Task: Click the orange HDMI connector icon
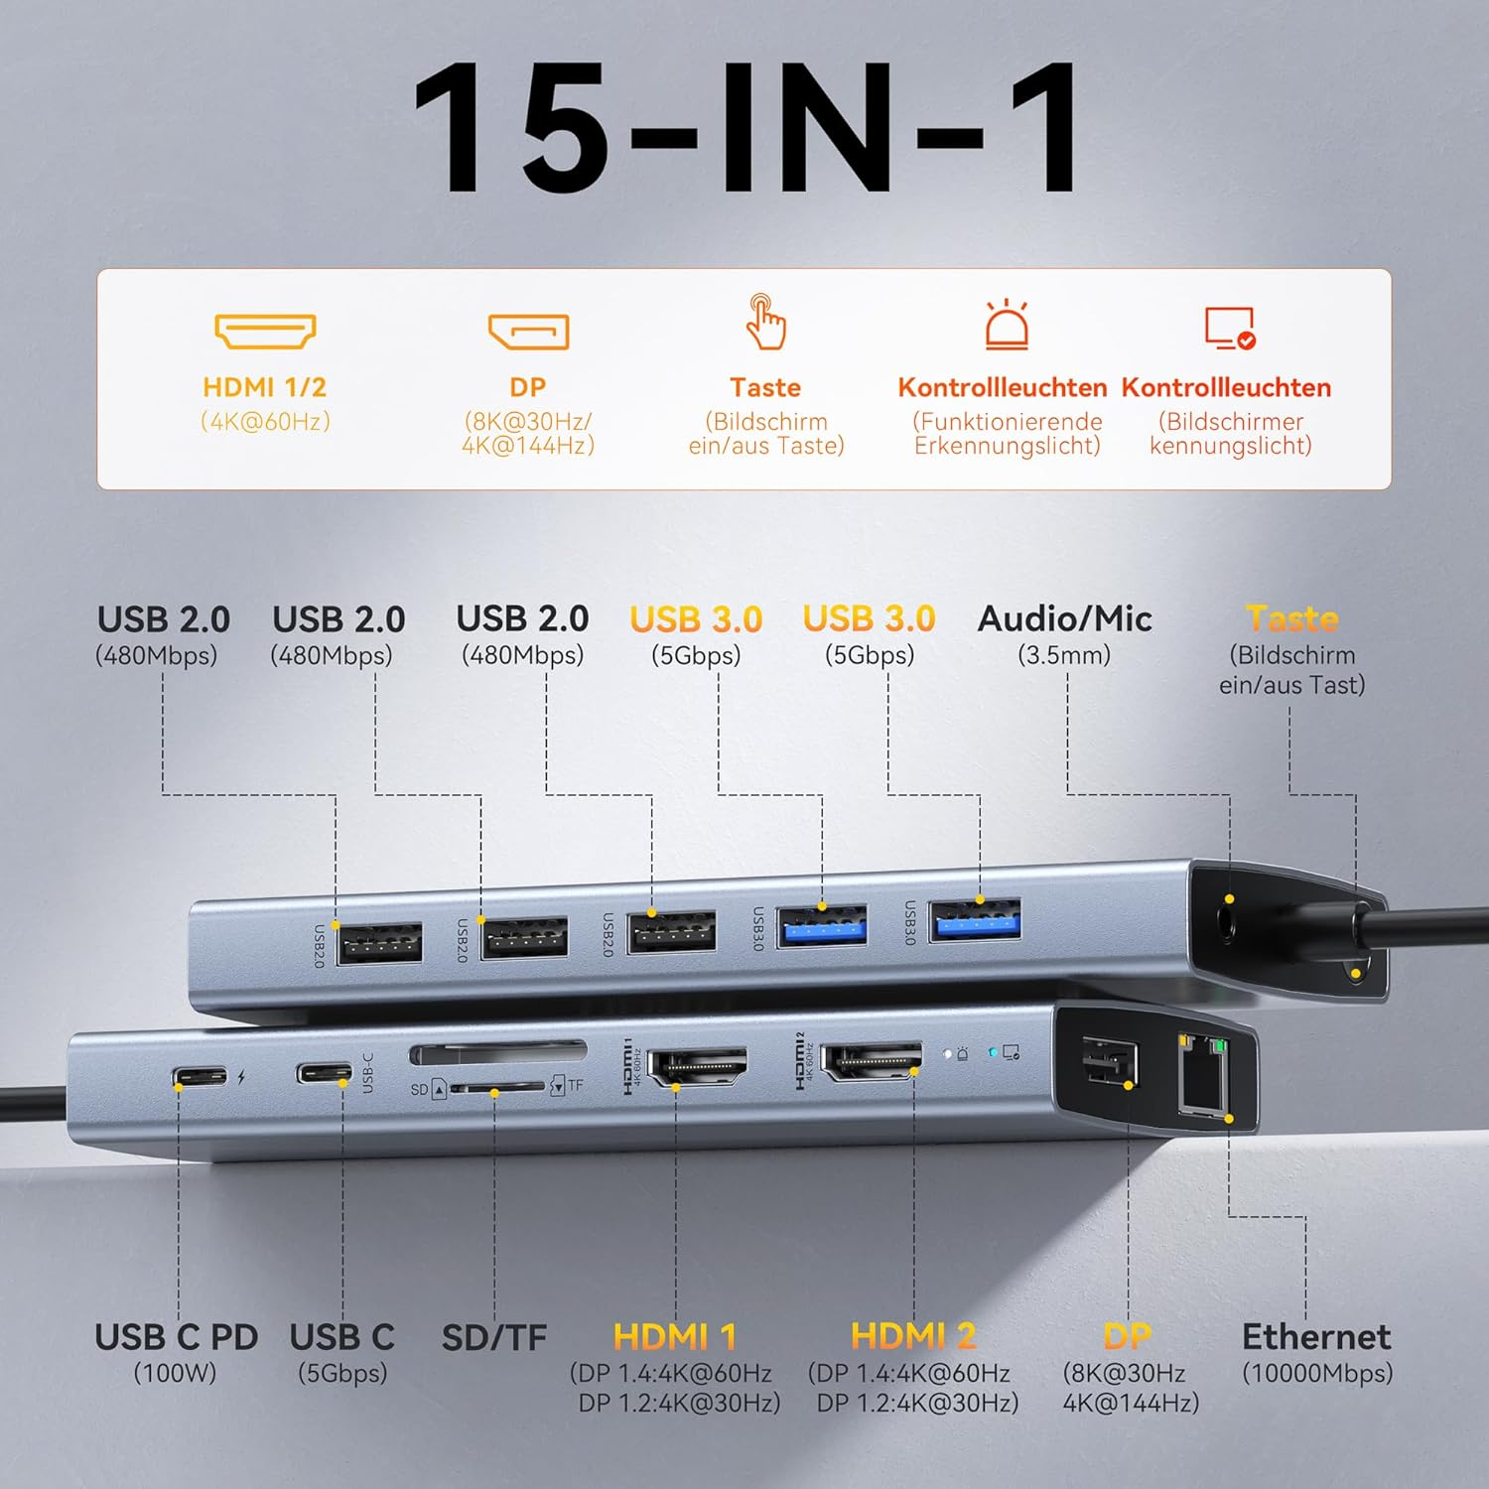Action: click(x=265, y=332)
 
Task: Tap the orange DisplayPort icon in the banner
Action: click(x=528, y=332)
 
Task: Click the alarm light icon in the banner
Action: click(x=1007, y=325)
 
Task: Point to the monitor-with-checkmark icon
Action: click(x=1230, y=328)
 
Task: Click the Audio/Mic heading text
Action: click(x=1065, y=619)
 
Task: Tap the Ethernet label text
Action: click(x=1316, y=1337)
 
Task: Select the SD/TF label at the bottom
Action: click(x=494, y=1338)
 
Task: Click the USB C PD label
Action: click(x=176, y=1338)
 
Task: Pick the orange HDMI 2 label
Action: click(x=913, y=1336)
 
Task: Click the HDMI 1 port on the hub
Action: click(x=697, y=1067)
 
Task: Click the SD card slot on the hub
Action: click(x=497, y=1052)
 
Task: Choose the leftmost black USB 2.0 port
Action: click(x=379, y=943)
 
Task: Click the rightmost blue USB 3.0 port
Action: click(x=975, y=920)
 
